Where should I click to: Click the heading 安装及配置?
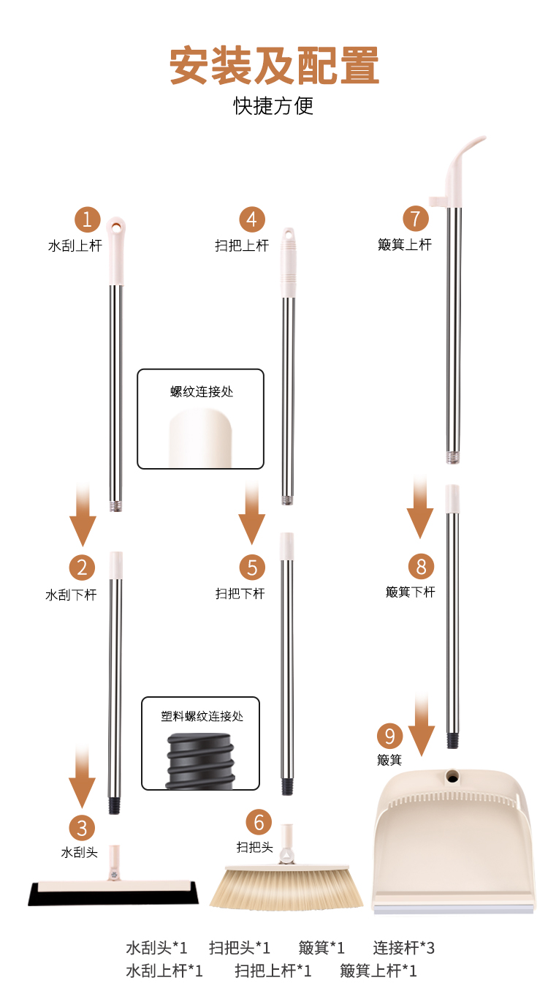click(274, 66)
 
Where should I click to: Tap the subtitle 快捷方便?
click(273, 106)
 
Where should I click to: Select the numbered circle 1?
click(87, 219)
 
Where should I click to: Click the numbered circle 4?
click(252, 219)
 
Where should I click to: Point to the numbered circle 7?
click(416, 218)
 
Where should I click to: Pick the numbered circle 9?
click(389, 736)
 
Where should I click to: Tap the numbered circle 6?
click(259, 822)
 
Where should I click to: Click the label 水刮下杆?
click(71, 595)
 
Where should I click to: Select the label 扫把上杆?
click(242, 246)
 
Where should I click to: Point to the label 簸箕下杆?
click(411, 592)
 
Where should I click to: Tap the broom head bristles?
click(286, 889)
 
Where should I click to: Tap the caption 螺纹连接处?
click(202, 392)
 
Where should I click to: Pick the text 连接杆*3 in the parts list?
click(403, 948)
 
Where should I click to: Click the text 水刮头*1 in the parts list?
click(156, 948)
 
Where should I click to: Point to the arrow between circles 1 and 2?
click(83, 514)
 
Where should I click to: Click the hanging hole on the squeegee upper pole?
click(115, 226)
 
